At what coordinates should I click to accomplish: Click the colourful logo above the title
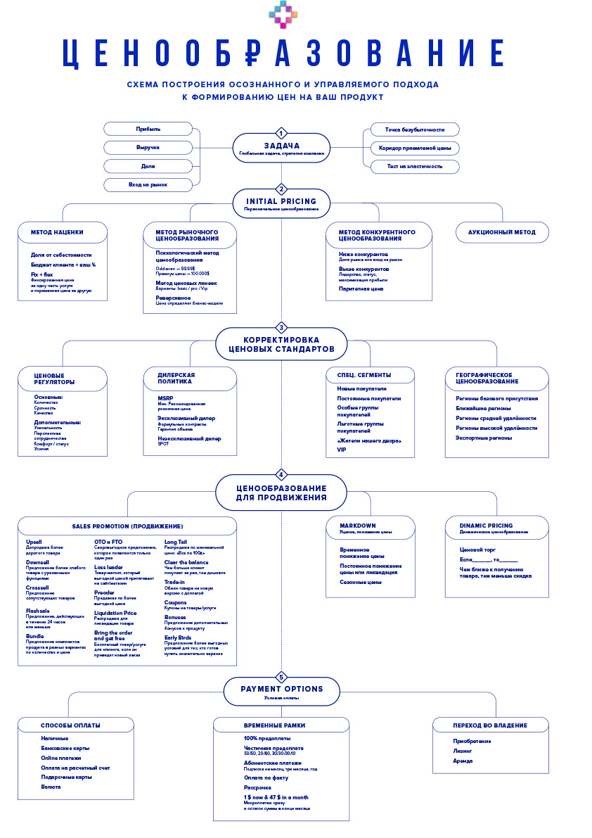pyautogui.click(x=283, y=15)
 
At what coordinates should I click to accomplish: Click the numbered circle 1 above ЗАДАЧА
pyautogui.click(x=281, y=133)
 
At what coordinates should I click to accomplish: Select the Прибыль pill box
pyautogui.click(x=148, y=129)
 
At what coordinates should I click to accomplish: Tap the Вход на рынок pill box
pyautogui.click(x=148, y=185)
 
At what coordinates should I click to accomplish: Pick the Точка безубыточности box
pyautogui.click(x=415, y=129)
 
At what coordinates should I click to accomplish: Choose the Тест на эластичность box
pyautogui.click(x=415, y=167)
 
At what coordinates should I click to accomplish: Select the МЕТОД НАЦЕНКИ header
pyautogui.click(x=63, y=232)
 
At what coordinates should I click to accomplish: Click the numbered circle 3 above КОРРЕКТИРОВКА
pyautogui.click(x=281, y=328)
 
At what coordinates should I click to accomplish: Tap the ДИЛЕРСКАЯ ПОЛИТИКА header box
pyautogui.click(x=190, y=379)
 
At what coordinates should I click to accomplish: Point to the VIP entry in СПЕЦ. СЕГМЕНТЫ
pyautogui.click(x=342, y=450)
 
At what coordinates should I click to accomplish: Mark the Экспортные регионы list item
pyautogui.click(x=484, y=438)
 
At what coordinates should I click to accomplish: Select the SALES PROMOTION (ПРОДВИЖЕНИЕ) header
pyautogui.click(x=127, y=526)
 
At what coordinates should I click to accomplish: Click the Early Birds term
pyautogui.click(x=178, y=637)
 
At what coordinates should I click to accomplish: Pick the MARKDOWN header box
pyautogui.click(x=371, y=528)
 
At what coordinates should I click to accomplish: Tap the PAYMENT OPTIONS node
pyautogui.click(x=281, y=690)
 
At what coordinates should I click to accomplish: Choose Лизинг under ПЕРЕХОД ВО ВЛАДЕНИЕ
pyautogui.click(x=463, y=751)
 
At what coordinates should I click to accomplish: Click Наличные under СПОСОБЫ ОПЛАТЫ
pyautogui.click(x=55, y=738)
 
